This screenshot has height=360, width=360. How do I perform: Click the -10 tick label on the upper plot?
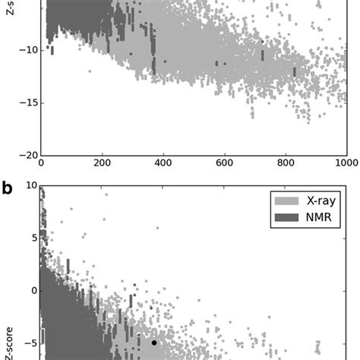(x=24, y=49)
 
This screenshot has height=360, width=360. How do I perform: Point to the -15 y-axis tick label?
(x=24, y=103)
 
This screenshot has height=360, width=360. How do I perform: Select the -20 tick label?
(x=24, y=155)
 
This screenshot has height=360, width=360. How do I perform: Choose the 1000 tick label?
(x=346, y=163)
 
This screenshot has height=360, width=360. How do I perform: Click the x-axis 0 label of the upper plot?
(x=40, y=163)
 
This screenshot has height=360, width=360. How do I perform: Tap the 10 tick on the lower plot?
(x=30, y=185)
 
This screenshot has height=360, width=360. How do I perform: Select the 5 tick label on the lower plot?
(x=33, y=238)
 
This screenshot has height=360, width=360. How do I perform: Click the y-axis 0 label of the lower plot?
(x=33, y=290)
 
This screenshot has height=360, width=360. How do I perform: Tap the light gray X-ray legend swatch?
(x=286, y=201)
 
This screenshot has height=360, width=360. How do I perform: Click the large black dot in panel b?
(x=154, y=343)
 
